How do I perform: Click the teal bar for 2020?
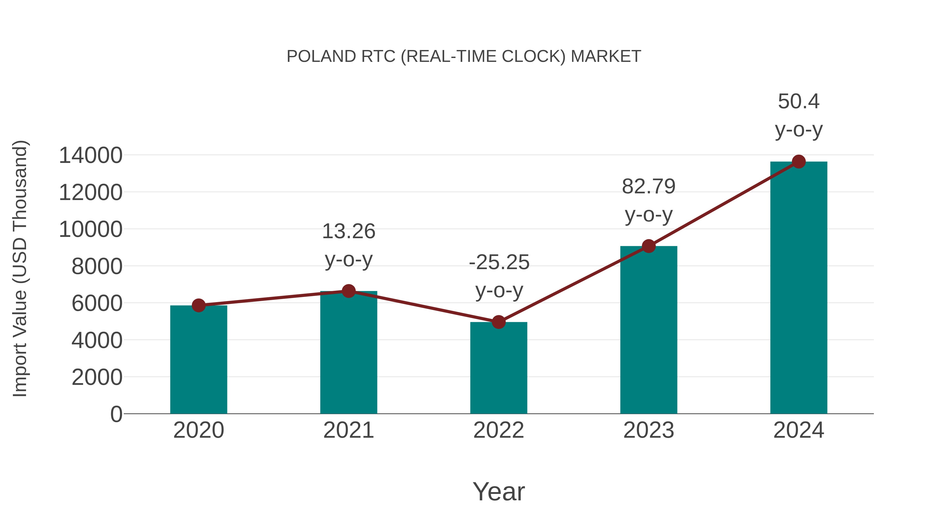coord(198,360)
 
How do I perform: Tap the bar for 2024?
coord(799,288)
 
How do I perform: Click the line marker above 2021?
coord(348,291)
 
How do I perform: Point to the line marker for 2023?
coord(649,246)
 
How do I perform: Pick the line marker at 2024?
coord(799,162)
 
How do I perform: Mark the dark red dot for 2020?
coord(198,305)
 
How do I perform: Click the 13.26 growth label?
coord(348,231)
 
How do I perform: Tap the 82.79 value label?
coord(649,187)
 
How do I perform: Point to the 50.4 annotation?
coord(799,102)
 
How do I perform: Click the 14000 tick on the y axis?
coord(90,156)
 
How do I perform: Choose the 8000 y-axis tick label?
coord(97,267)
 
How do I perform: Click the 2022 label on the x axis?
coord(499,430)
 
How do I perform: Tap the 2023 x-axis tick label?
coord(649,430)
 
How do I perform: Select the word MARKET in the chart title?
coord(606,56)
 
